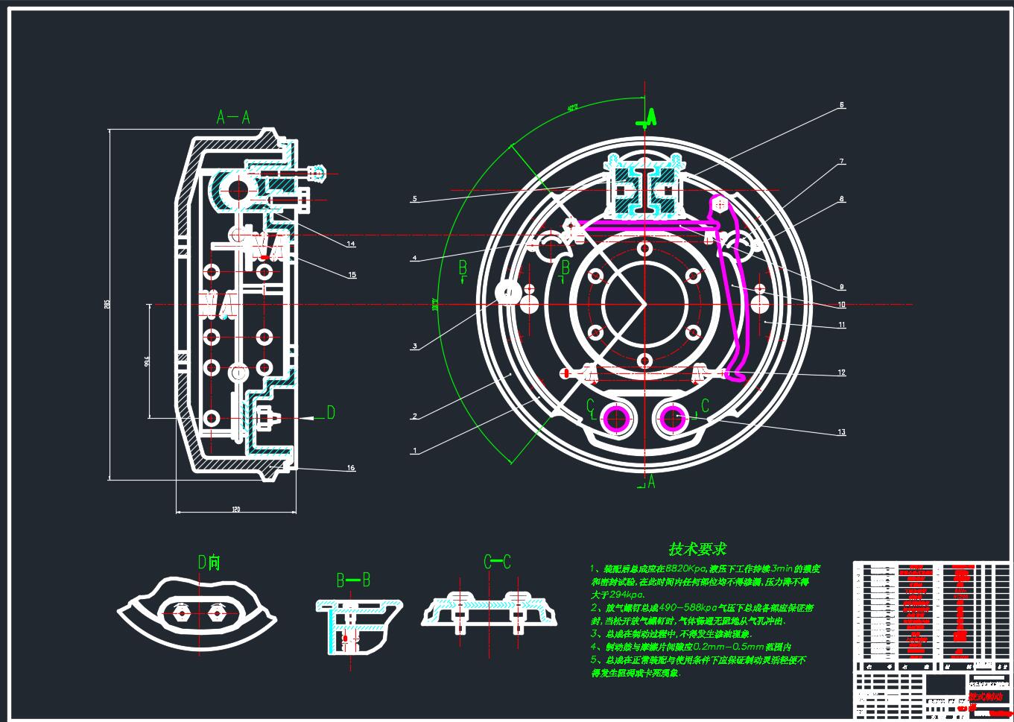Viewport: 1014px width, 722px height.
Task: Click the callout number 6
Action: [842, 106]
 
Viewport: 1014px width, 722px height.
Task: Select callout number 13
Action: [842, 432]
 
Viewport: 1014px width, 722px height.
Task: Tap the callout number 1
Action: [415, 451]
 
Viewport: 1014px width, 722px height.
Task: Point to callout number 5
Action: [415, 200]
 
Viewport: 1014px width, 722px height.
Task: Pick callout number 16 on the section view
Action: [351, 468]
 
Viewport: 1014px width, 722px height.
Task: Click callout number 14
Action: [351, 244]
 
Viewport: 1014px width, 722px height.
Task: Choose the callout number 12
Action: [842, 373]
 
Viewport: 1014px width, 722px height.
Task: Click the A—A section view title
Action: [232, 117]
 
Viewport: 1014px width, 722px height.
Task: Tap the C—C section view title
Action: [497, 563]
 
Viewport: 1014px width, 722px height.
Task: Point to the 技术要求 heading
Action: [697, 549]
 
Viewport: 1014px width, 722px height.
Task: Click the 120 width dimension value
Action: [236, 510]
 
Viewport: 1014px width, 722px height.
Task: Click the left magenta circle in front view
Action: [618, 419]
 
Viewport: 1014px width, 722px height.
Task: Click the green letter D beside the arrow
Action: [331, 413]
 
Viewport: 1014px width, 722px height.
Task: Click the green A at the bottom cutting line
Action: [651, 482]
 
